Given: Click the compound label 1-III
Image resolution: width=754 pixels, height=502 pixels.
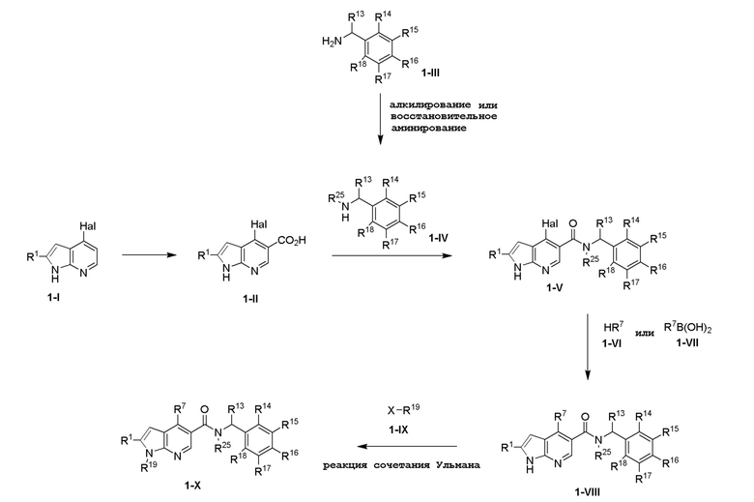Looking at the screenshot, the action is tap(430, 73).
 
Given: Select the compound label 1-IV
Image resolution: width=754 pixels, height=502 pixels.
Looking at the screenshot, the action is tap(438, 237).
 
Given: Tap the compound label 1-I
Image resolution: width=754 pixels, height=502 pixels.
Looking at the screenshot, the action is tap(53, 298).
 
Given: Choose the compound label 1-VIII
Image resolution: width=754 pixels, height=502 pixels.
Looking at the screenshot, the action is tap(587, 491).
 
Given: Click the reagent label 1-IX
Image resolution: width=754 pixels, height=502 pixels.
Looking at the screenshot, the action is tap(398, 429).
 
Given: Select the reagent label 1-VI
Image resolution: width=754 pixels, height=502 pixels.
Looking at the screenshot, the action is tap(612, 343).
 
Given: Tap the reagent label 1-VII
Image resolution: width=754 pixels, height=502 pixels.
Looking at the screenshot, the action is tap(687, 342).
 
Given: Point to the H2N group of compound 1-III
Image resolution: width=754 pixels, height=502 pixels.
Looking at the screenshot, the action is tap(333, 42).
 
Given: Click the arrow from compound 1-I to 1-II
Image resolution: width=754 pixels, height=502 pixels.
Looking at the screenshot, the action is tap(150, 255).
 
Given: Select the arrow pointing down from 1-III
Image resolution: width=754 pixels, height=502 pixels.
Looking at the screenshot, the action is tap(380, 119).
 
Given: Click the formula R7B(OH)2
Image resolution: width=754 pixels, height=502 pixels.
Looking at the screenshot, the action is tap(687, 328).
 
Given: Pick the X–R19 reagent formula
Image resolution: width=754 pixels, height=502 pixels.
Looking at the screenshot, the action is tap(403, 410).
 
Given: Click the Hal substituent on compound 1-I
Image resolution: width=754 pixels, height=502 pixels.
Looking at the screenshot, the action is tap(88, 226).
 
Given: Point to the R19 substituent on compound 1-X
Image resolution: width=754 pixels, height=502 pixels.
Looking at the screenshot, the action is tap(149, 466).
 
